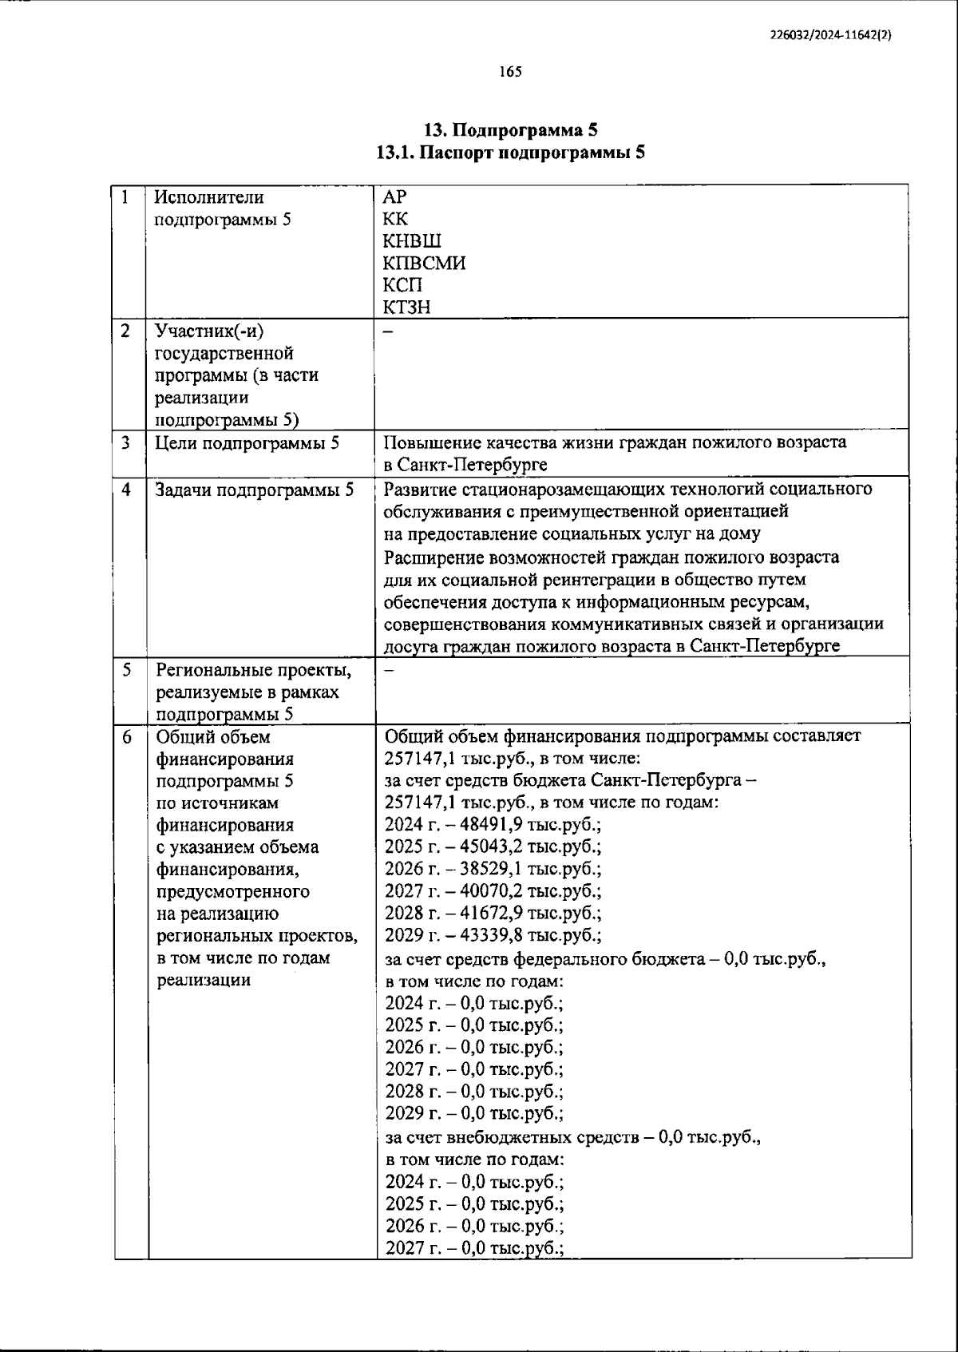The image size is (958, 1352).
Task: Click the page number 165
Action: click(x=510, y=72)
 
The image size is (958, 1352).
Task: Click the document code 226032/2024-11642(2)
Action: click(x=830, y=35)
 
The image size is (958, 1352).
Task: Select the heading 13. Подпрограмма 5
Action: click(x=510, y=129)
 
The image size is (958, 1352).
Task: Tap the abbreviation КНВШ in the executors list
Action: click(x=412, y=241)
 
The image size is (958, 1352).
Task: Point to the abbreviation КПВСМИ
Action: click(x=424, y=263)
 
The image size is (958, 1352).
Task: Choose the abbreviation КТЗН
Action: click(x=407, y=307)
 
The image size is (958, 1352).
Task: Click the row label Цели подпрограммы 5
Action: click(x=247, y=442)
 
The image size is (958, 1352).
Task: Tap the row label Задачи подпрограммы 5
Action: click(x=255, y=490)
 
